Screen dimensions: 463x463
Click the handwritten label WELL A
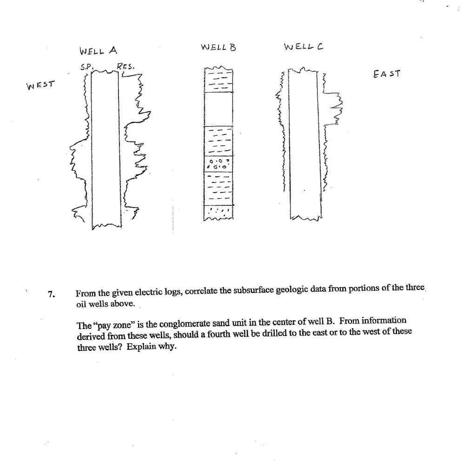click(x=99, y=50)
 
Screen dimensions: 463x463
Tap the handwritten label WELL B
click(x=218, y=47)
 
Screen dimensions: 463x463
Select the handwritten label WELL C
click(x=303, y=47)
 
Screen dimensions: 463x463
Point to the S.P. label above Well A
click(x=87, y=67)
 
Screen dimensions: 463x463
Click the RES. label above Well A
click(x=125, y=67)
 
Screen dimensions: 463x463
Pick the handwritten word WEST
click(x=40, y=85)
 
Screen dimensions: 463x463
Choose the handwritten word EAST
click(x=386, y=74)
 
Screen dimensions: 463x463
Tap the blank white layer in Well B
click(x=218, y=108)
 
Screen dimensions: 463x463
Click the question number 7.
click(x=51, y=294)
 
